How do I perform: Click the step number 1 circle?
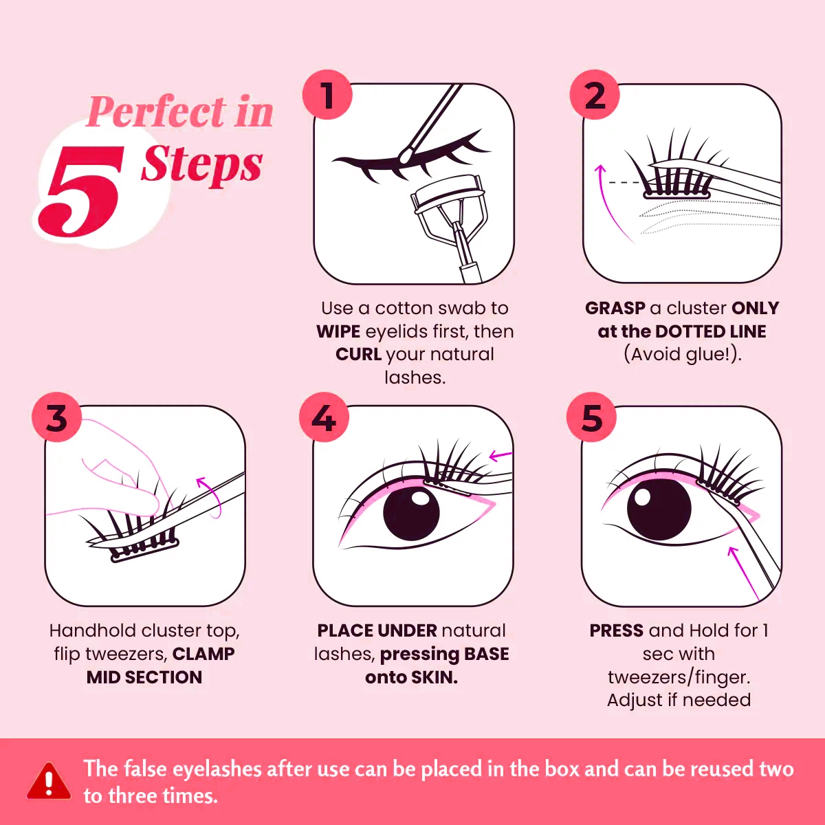click(x=327, y=95)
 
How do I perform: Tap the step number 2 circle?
click(x=595, y=95)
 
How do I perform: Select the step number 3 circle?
click(x=56, y=417)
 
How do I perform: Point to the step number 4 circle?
click(x=324, y=417)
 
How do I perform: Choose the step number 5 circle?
click(x=591, y=417)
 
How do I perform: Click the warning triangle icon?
click(x=49, y=782)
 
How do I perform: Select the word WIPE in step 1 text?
click(x=338, y=331)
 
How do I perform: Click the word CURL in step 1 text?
click(x=358, y=355)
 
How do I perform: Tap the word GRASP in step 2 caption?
click(x=615, y=308)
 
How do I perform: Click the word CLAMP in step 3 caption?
click(x=203, y=654)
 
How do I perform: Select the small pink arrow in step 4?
click(x=500, y=455)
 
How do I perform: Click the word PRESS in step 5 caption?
click(x=616, y=630)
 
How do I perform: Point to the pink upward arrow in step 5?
click(x=742, y=571)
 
